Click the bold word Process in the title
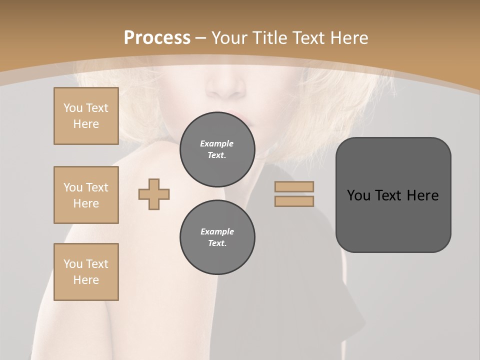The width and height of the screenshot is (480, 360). coord(157,37)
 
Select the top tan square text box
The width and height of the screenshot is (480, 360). coord(86,116)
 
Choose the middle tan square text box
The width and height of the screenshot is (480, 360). coord(86,195)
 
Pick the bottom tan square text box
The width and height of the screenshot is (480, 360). coord(86,272)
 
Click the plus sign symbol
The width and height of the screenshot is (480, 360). coord(154,194)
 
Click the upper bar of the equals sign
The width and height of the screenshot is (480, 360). coord(294,186)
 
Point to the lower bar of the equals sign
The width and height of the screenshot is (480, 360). coord(294,201)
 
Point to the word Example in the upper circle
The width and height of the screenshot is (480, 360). coord(217,143)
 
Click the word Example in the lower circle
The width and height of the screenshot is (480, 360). coord(217,231)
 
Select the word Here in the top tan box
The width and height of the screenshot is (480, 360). coord(86,124)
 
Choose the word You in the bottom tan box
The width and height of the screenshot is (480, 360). coord(73,264)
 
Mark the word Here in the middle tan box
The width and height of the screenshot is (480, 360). coord(86,203)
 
